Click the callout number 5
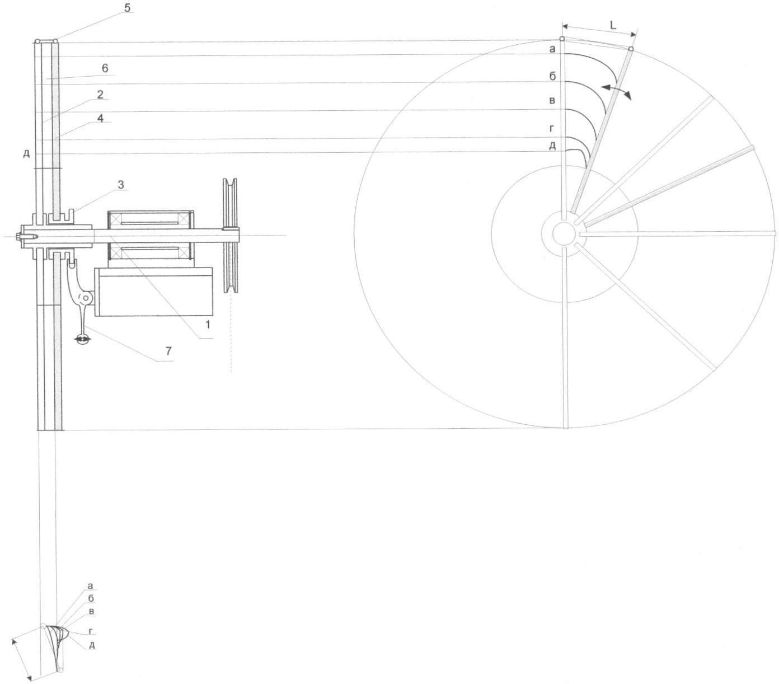pyautogui.click(x=127, y=7)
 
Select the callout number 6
pyautogui.click(x=105, y=68)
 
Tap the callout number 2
pyautogui.click(x=100, y=95)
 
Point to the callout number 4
pyautogui.click(x=100, y=119)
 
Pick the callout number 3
pyautogui.click(x=121, y=185)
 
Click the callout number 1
pyautogui.click(x=208, y=325)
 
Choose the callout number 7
pyautogui.click(x=168, y=351)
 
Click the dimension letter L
pyautogui.click(x=613, y=26)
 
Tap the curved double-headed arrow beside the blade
pyautogui.click(x=616, y=91)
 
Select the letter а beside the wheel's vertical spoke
pyautogui.click(x=552, y=49)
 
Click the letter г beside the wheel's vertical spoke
pyautogui.click(x=553, y=128)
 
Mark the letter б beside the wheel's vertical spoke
pyautogui.click(x=552, y=76)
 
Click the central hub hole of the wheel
pyautogui.click(x=564, y=233)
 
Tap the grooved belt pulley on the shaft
pyautogui.click(x=231, y=236)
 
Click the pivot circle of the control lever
pyautogui.click(x=85, y=298)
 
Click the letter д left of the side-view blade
pyautogui.click(x=26, y=154)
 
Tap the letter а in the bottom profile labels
pyautogui.click(x=90, y=586)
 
